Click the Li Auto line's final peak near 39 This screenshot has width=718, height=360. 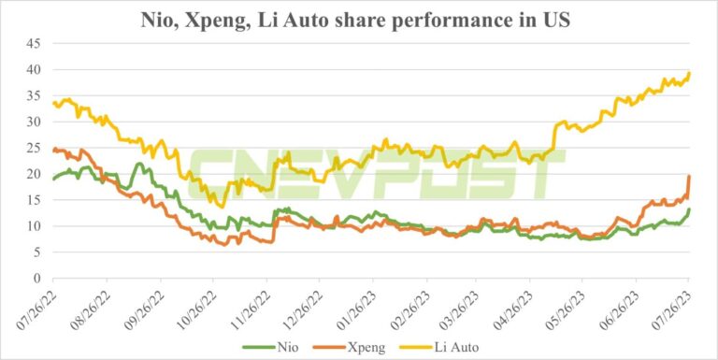(689, 73)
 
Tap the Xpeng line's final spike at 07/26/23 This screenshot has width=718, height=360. (689, 176)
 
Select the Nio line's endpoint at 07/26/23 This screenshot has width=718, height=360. (689, 209)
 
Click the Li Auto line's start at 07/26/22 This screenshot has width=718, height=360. (54, 102)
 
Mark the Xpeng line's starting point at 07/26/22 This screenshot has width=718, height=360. (54, 150)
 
